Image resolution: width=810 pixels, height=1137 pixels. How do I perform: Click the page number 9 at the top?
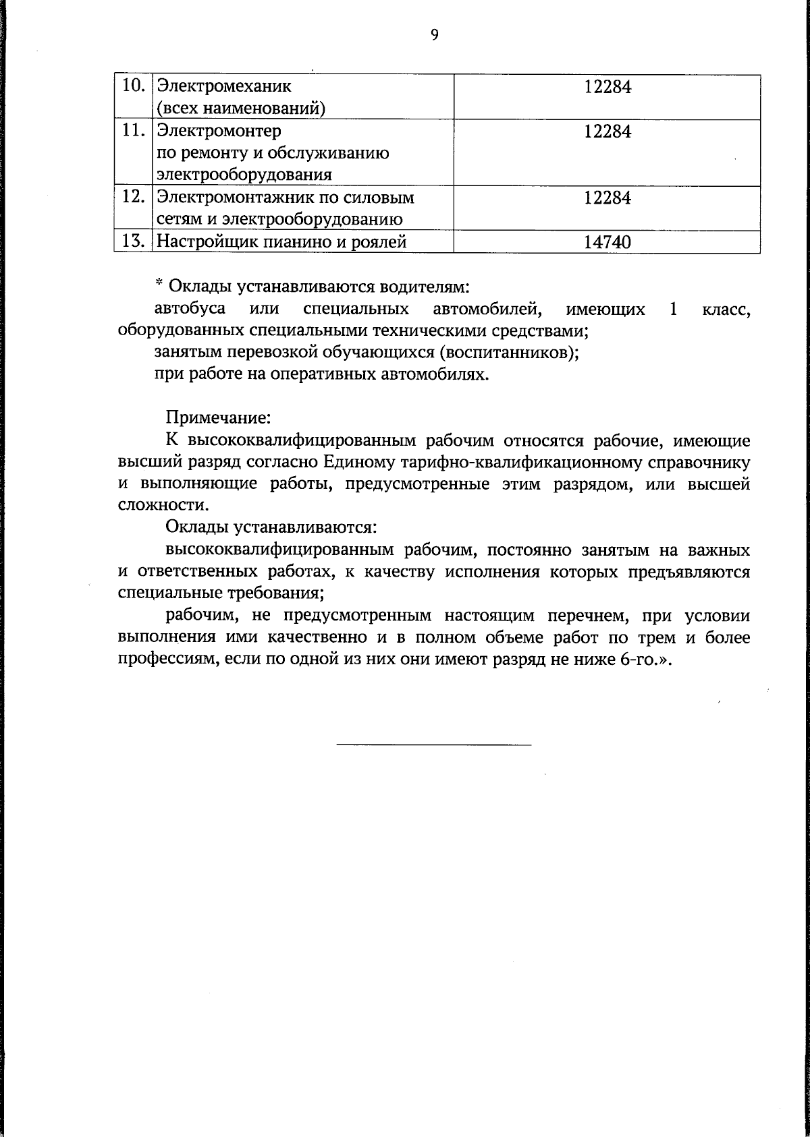434,35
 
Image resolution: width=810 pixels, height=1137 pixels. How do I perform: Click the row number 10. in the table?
134,86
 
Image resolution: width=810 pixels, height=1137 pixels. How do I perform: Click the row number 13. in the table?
134,241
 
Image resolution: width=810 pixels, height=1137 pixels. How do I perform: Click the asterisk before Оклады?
159,284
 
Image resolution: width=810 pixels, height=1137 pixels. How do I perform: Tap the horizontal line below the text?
433,745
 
